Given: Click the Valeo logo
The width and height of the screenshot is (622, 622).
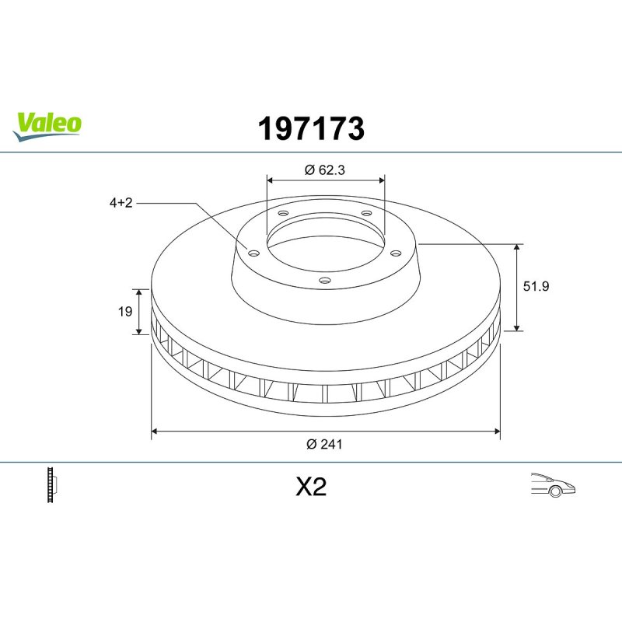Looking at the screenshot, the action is pos(47,126).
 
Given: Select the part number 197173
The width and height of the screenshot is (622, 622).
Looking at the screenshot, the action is pos(311,128).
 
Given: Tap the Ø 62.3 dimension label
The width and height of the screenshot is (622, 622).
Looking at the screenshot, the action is pos(325,169).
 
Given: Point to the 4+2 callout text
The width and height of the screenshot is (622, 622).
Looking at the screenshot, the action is pos(121,203).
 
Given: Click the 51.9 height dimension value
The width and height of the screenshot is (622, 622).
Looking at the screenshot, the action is pos(536,286).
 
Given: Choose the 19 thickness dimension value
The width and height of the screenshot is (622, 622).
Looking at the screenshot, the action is pos(125,312).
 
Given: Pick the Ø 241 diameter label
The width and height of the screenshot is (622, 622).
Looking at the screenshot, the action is pos(324,444).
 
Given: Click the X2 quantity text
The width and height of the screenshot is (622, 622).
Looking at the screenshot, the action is pos(311,487).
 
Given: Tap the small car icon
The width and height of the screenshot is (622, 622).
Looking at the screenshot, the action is pos(553,484).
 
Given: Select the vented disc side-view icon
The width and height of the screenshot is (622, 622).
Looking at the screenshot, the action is pos(52,484).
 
